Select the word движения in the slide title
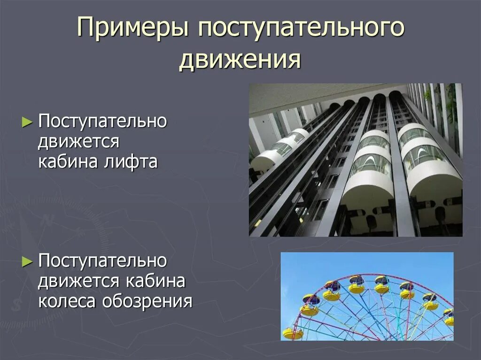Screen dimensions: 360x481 click(x=240, y=60)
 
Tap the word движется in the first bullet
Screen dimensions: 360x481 click(x=79, y=141)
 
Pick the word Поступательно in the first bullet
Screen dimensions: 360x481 click(x=102, y=122)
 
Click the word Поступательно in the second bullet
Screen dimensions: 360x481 click(x=102, y=261)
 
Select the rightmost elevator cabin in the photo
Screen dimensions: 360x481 click(x=427, y=160)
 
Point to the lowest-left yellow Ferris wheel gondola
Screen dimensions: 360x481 click(x=293, y=333)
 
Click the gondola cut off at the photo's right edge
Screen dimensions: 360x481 click(x=450, y=318)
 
